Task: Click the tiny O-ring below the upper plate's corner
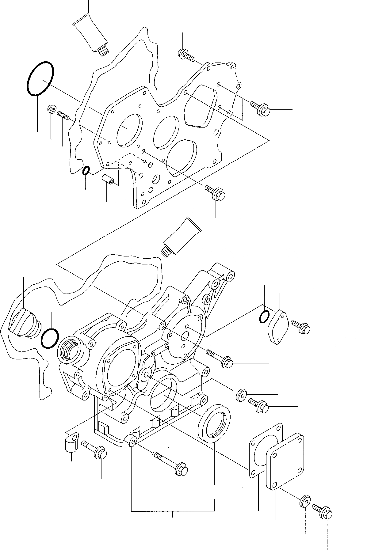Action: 86,170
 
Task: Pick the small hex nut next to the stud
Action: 51,109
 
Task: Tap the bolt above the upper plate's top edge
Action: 185,56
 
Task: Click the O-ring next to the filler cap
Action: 49,338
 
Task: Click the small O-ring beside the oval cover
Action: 264,317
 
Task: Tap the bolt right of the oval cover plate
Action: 301,327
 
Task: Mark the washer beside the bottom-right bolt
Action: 304,501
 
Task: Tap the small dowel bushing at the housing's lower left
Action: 72,440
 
